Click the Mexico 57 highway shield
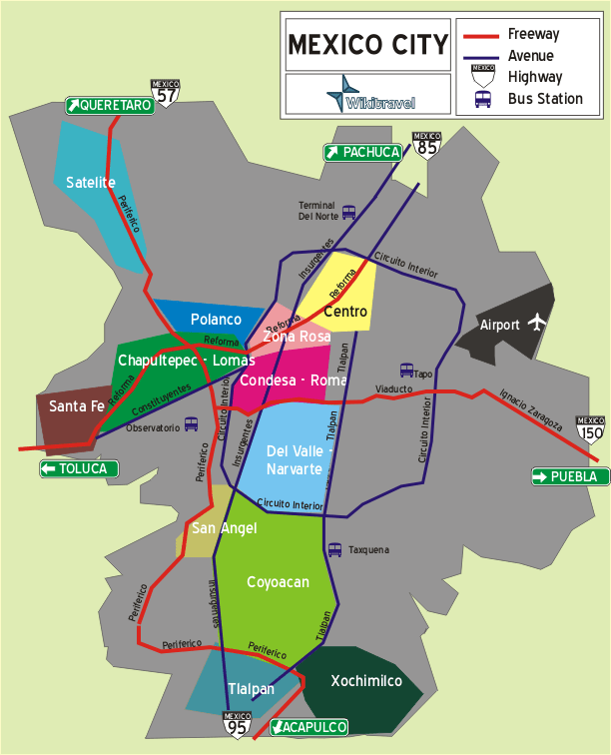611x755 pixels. tap(166, 92)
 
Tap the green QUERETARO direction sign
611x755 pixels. tap(110, 105)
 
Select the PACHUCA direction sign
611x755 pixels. tap(362, 152)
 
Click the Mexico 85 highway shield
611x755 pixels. tap(426, 144)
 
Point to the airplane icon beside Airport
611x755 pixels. tap(538, 322)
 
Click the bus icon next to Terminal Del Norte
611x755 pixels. tap(348, 212)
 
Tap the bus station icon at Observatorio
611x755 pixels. tap(192, 423)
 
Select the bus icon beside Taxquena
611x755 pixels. tap(335, 549)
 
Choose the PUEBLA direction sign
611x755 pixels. tap(570, 476)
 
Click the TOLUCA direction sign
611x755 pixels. tap(80, 468)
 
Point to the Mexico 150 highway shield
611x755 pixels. tap(590, 429)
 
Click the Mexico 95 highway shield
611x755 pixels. tap(237, 724)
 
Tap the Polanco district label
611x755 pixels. tap(216, 320)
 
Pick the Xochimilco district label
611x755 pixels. tap(366, 681)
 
